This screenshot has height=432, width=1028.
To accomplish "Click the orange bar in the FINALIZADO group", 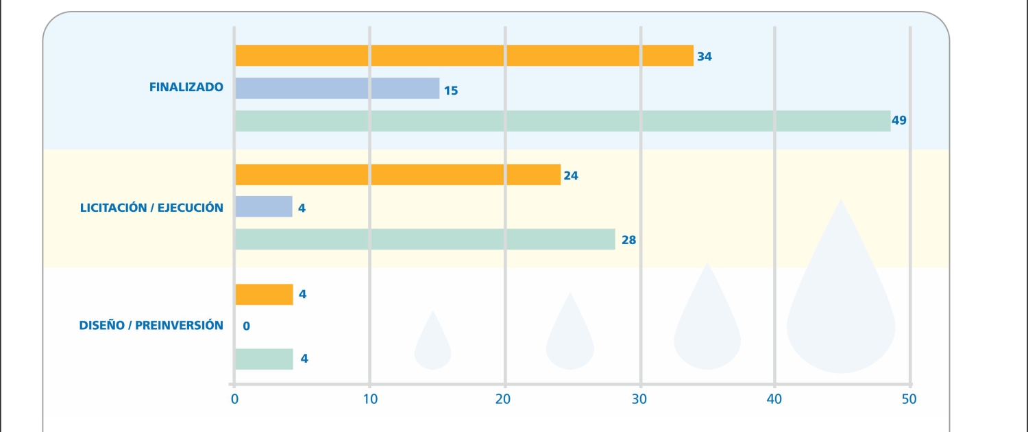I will [x=464, y=56].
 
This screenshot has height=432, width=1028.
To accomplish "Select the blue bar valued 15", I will [x=337, y=88].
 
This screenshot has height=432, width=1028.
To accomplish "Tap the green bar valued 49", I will [x=562, y=121].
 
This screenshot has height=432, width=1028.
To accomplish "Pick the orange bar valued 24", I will [x=397, y=175].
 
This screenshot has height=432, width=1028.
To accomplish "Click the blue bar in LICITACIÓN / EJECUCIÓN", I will [x=264, y=206].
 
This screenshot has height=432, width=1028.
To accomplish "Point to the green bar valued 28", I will [x=425, y=239].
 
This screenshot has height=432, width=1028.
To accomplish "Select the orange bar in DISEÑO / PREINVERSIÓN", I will [x=264, y=294].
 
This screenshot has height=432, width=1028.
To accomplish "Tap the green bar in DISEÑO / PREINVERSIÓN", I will [x=264, y=359].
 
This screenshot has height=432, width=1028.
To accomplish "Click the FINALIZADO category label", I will [x=186, y=87].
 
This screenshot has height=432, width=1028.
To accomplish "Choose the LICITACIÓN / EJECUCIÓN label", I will [x=151, y=207].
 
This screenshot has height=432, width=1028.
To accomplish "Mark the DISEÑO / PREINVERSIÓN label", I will [x=151, y=325].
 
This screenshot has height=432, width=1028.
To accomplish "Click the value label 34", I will [x=705, y=57].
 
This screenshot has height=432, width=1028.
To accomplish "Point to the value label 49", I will [x=899, y=121].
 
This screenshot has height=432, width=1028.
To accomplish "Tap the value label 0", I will [x=247, y=326].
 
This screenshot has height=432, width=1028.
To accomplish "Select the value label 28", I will [x=628, y=241].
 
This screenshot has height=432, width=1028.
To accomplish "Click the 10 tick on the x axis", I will [x=369, y=399].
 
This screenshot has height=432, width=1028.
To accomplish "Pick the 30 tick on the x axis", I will [x=640, y=399].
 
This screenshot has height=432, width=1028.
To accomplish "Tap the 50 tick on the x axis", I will [x=909, y=399].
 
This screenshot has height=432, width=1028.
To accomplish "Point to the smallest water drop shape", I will [x=432, y=346].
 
